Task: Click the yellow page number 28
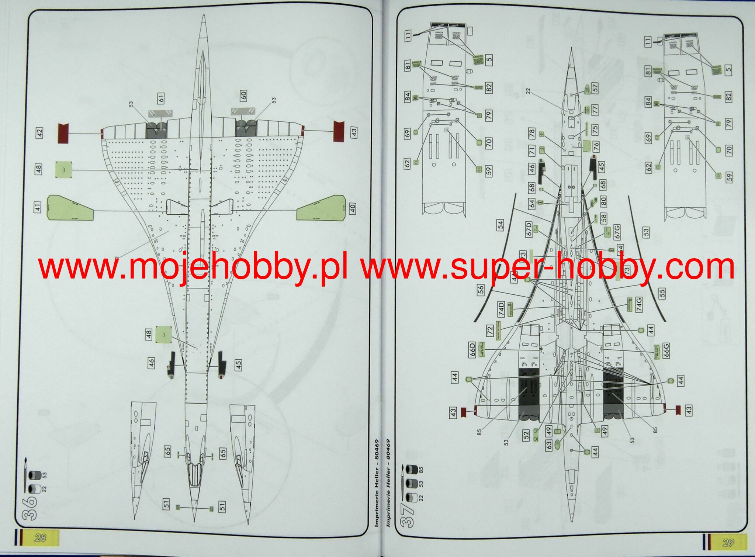point(40,537)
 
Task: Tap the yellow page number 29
point(728,543)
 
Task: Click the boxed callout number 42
point(39,133)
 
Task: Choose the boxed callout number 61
point(161,98)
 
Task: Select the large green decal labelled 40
point(321,208)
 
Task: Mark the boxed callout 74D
point(501,309)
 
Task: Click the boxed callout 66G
point(666,350)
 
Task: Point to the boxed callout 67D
point(529,229)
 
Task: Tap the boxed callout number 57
point(595,88)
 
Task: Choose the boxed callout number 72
point(490,330)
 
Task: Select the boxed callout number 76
point(596,146)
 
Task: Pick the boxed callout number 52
point(526,435)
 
